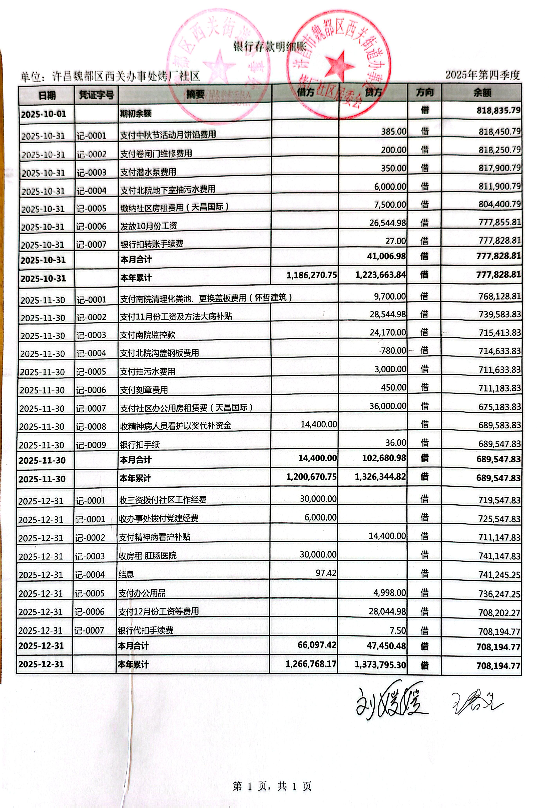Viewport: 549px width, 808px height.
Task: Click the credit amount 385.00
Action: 393,131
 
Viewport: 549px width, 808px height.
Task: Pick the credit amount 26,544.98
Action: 387,223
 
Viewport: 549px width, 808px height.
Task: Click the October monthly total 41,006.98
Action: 386,256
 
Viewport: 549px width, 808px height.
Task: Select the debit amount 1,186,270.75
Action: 312,275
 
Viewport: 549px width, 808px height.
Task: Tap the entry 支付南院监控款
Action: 148,335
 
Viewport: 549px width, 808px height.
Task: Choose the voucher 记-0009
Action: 91,445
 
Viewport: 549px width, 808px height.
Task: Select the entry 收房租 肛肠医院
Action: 148,556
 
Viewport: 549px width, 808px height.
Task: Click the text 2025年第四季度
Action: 482,75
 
